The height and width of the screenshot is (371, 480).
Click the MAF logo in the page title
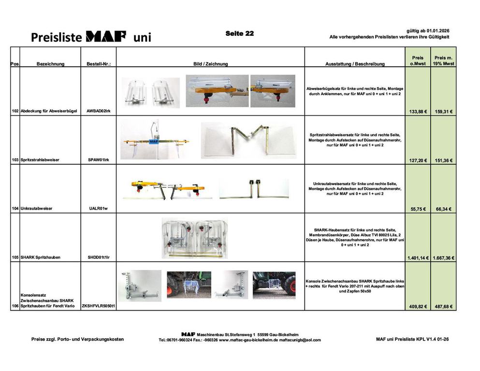[106, 36]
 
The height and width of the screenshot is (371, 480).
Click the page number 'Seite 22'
[239, 33]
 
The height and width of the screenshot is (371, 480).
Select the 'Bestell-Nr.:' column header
[99, 64]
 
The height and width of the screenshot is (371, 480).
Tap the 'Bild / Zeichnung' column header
[210, 64]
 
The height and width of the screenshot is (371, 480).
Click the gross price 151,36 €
[443, 160]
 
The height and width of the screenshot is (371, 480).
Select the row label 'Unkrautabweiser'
[36, 209]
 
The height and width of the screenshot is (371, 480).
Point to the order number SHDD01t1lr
[99, 257]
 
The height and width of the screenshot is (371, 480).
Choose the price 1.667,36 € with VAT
[443, 257]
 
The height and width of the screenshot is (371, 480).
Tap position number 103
[15, 160]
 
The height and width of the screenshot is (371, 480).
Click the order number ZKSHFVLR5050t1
[99, 306]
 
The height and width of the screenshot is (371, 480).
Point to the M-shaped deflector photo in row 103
[248, 140]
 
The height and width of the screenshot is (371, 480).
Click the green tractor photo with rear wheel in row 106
[274, 284]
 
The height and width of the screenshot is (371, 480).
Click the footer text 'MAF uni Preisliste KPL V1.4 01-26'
[412, 339]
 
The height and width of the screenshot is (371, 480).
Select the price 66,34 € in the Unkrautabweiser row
[443, 209]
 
